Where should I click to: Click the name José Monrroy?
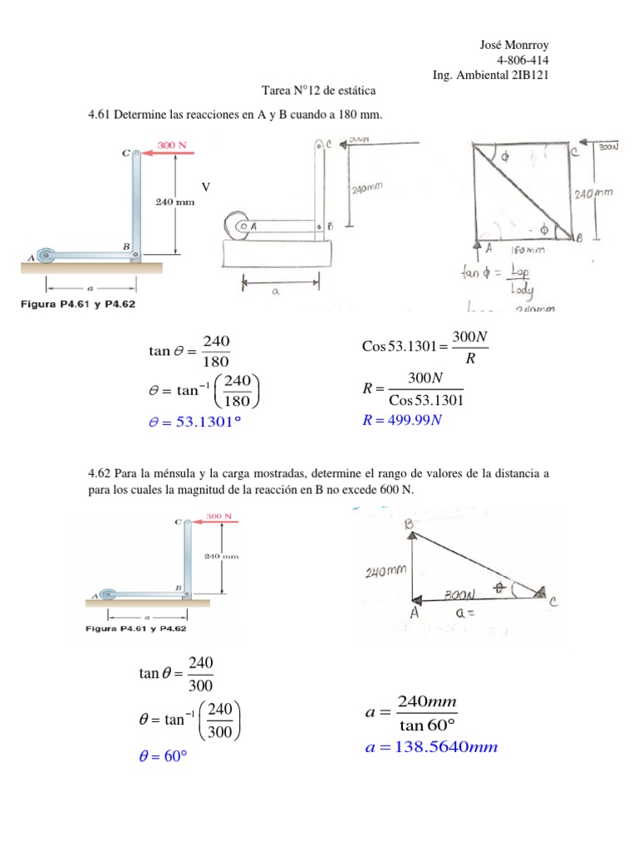514,45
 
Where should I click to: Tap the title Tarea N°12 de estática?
318,90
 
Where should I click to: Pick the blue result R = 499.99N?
403,419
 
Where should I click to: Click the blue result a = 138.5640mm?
431,748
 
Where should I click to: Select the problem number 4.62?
100,474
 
